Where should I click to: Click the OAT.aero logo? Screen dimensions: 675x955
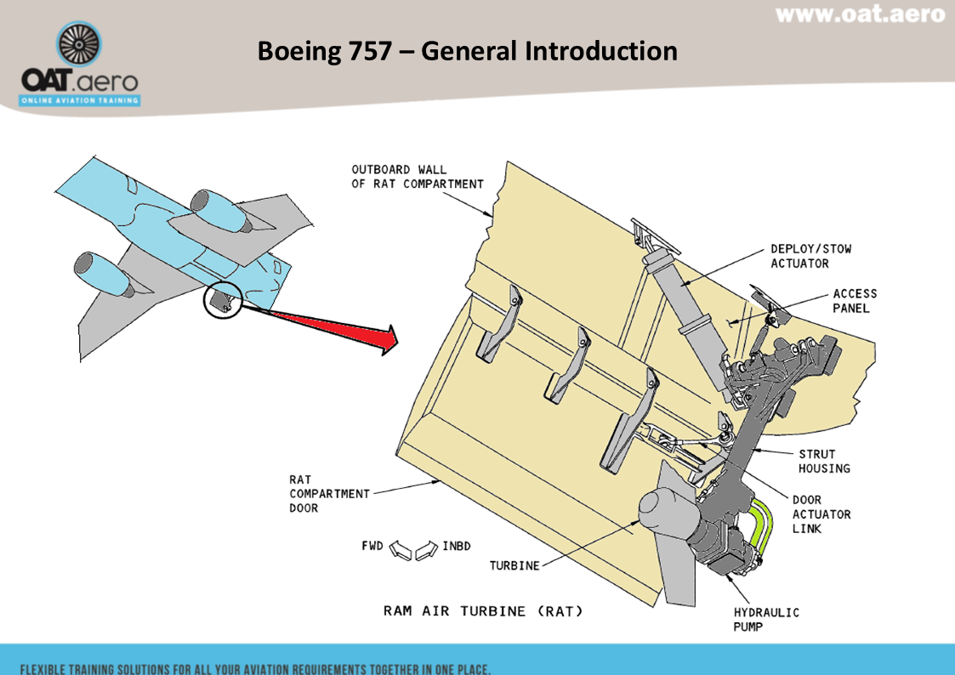(81, 66)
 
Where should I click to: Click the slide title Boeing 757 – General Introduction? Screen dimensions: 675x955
(467, 51)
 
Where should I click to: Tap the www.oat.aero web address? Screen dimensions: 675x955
(860, 14)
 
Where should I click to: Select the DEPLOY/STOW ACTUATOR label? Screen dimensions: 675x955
(810, 256)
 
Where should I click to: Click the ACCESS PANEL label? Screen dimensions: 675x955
(854, 301)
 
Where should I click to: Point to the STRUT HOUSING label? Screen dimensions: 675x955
(823, 461)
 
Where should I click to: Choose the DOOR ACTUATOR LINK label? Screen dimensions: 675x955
(821, 513)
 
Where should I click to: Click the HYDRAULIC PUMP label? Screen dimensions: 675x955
(766, 619)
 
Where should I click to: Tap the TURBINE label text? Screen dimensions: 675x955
(514, 565)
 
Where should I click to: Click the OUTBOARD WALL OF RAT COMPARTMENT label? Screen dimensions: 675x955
(417, 176)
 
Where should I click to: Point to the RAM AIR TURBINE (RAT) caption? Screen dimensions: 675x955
(483, 610)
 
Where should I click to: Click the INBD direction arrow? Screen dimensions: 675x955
(428, 551)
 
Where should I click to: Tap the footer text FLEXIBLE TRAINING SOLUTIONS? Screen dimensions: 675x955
(255, 667)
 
